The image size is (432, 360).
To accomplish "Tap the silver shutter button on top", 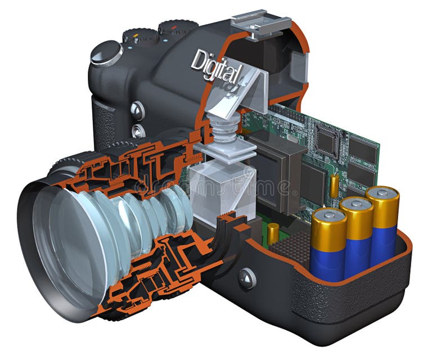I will coord(106,52).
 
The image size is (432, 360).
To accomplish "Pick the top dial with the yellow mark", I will coord(138,36).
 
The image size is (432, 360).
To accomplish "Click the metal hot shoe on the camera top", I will coord(256,22).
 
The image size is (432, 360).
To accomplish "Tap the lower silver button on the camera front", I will coord(138,131).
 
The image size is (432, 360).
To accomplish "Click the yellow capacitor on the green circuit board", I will coord(334,186).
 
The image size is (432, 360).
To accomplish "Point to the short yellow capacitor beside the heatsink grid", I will coord(273,233).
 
